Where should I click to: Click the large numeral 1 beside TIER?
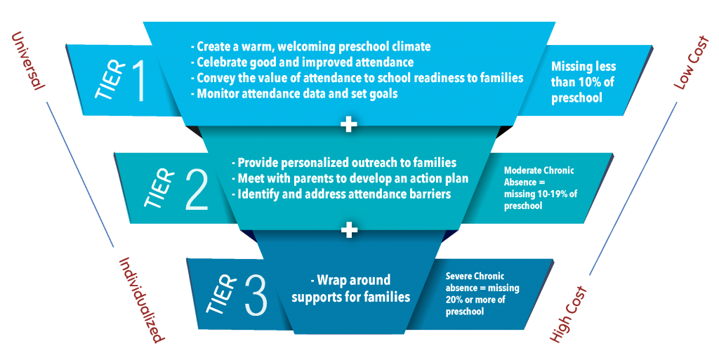point(139,81)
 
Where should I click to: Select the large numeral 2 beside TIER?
point(197,189)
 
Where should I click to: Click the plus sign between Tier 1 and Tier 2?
point(349,124)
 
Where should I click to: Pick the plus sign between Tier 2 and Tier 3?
point(349,230)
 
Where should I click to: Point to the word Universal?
point(27,60)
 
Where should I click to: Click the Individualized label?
point(140,300)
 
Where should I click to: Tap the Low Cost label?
point(691,62)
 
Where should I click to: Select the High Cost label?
point(568,314)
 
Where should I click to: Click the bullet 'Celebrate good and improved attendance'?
point(302,62)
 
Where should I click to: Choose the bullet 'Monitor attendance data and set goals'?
point(294,94)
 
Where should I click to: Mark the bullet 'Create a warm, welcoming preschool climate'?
point(310,47)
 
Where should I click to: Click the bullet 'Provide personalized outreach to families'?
point(344,163)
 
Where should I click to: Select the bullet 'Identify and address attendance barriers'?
point(341,194)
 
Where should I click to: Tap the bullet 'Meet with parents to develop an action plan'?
point(350,178)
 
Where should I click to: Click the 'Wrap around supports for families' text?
point(351,288)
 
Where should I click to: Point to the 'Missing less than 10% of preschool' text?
point(583,82)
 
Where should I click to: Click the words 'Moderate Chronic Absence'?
point(539,176)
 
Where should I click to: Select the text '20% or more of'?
point(475,300)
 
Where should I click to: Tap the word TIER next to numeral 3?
point(222,295)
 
